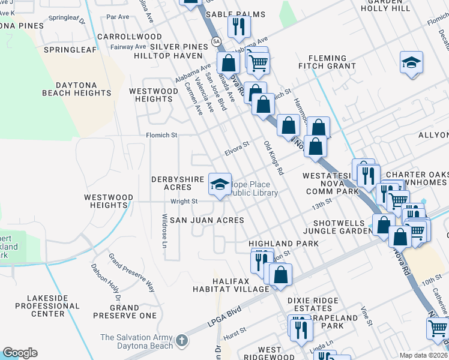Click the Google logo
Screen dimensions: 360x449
20,353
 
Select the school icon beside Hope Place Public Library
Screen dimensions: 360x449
220,182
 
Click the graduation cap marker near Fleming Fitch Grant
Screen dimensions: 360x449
411,62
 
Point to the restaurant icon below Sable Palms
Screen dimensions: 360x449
239,26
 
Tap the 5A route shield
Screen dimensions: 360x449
215,41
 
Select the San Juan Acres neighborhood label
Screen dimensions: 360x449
206,220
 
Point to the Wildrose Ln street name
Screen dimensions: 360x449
164,230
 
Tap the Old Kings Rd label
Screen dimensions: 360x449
273,158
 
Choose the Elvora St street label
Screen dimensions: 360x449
237,148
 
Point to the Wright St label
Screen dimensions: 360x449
184,202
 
